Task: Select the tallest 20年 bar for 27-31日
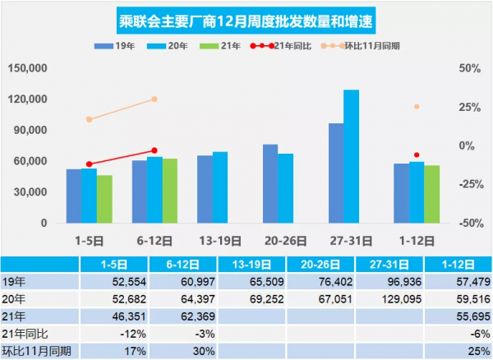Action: [351, 156]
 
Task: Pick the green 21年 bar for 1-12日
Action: [431, 194]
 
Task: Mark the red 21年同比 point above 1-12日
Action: [417, 155]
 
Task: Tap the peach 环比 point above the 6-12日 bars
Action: [154, 99]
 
